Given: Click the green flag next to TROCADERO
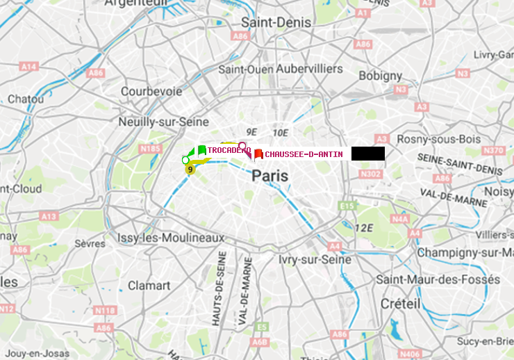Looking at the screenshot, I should point(201,150).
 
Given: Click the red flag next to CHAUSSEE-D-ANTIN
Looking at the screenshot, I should point(258,154).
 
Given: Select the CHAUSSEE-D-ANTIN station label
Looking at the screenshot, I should point(304,154).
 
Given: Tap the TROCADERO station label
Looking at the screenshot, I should point(229,150).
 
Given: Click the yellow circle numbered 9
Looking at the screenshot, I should point(190,169).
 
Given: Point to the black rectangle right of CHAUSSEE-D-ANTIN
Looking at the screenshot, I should point(367,154).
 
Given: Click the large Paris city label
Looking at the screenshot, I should point(270,176).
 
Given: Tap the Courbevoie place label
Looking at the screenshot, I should point(151,91).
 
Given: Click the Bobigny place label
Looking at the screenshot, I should point(380,75).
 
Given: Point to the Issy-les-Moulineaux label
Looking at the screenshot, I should point(171,238).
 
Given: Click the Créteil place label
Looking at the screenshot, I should point(400,304).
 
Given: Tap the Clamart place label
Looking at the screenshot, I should point(149,285).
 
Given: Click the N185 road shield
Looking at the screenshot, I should point(150,148).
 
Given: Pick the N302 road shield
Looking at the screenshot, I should point(372,174).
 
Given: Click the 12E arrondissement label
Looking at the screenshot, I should point(365,227).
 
